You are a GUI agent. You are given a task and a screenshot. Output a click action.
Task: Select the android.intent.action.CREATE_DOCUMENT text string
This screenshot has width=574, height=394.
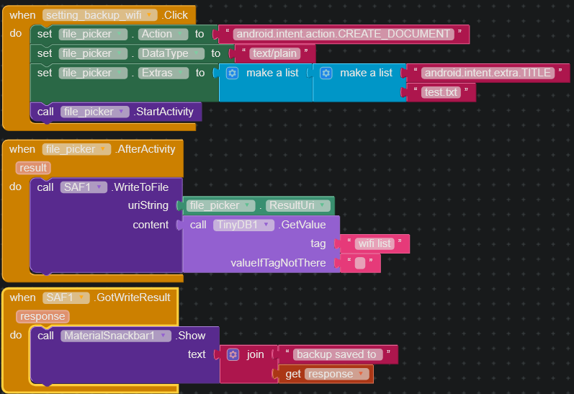click(x=345, y=34)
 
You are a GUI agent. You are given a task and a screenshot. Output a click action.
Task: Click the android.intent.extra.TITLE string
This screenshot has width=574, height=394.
click(x=488, y=73)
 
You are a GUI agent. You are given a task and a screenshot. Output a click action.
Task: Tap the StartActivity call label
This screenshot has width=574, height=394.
click(x=163, y=112)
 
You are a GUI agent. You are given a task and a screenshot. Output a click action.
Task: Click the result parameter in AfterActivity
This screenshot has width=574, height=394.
click(x=32, y=168)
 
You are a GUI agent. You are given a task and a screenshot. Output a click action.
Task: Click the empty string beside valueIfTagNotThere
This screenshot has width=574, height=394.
click(x=360, y=263)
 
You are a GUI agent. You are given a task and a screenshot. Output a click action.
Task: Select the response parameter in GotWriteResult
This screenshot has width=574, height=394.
click(x=43, y=316)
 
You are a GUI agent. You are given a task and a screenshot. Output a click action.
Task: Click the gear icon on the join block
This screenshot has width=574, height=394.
click(x=233, y=354)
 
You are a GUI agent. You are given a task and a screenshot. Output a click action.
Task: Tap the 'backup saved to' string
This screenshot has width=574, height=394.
click(x=336, y=354)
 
